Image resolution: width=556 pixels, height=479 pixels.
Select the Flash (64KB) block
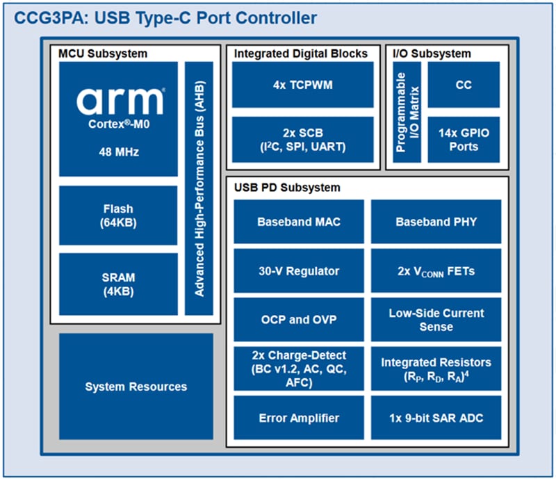coord(117,215)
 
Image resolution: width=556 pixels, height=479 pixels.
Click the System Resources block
coord(136,386)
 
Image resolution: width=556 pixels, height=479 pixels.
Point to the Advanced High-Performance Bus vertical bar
coord(199,188)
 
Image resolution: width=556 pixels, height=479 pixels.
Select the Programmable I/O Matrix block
coord(407,112)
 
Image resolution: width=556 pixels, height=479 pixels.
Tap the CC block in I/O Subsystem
coord(464,85)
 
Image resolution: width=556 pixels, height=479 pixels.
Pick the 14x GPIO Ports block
coord(464,139)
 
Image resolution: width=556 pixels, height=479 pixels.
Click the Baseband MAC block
coord(298,222)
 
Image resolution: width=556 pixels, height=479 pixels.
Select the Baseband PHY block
coord(436,222)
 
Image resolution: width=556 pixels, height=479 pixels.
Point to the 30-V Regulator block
coord(298,271)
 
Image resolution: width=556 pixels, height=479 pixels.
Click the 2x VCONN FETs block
coord(436,271)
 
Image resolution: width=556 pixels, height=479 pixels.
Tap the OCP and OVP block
coord(298,320)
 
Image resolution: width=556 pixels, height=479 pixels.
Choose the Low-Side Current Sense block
coord(436,320)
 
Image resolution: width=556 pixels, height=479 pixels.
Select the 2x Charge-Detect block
coord(298,368)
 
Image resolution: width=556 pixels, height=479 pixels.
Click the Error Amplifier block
coord(298,417)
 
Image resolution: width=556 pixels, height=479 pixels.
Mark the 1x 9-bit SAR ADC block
coord(436,417)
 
